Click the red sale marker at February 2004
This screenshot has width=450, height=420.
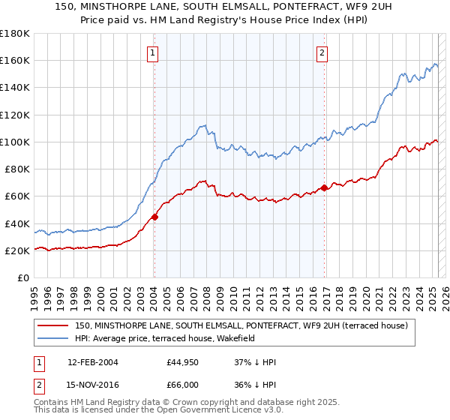154,217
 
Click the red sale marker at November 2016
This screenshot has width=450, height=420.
324,187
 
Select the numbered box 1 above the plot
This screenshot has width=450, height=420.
153,52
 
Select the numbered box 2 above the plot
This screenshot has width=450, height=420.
322,52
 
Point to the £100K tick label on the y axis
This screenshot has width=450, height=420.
15,142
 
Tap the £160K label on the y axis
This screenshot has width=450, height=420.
15,60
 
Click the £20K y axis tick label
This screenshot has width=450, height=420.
18,251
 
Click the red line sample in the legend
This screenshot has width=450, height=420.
52,325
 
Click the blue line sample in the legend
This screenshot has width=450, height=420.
52,338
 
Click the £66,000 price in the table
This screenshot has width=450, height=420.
182,385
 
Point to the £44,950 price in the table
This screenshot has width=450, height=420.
182,363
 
